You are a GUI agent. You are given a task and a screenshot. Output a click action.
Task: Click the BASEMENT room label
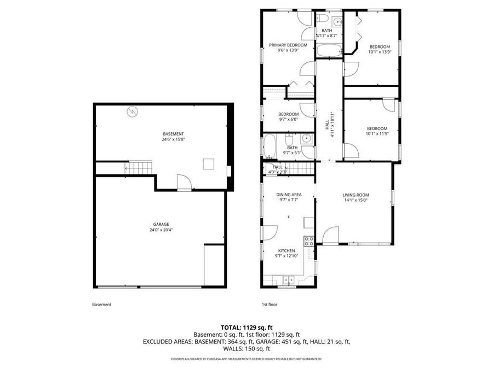tap(173, 134)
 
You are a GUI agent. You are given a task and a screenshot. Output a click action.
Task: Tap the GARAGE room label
tap(161, 224)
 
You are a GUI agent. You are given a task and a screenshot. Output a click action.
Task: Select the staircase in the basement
tap(139, 168)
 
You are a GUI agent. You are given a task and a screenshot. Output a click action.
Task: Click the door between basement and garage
tap(184, 183)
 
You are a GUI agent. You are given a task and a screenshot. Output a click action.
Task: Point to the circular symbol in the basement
tap(133, 112)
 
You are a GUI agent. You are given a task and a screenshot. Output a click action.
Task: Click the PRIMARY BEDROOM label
tap(288, 45)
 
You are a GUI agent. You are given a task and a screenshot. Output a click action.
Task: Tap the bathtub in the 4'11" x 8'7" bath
tap(328, 51)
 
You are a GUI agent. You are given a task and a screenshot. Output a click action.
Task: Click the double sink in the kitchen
tap(288, 280)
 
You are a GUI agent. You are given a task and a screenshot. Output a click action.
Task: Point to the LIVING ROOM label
tap(356, 195)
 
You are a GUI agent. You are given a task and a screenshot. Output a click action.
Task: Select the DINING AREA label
tap(288, 195)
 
